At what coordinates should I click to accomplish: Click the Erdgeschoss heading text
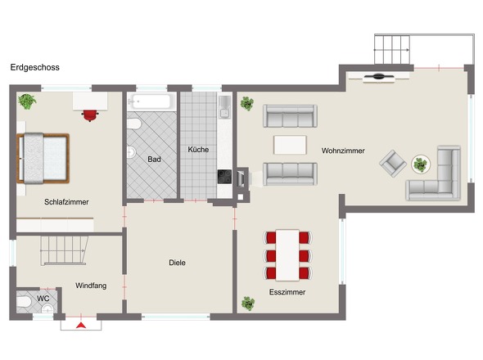(x=35, y=67)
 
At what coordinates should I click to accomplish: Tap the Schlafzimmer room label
(x=66, y=202)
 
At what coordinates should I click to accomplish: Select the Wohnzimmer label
(x=343, y=151)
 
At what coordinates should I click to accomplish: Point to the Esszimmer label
(x=287, y=292)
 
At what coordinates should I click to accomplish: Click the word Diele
(x=177, y=263)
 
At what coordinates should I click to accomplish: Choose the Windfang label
(x=91, y=286)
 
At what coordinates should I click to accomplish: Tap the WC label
(x=43, y=299)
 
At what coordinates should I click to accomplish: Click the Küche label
(x=198, y=150)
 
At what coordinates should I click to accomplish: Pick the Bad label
(x=154, y=160)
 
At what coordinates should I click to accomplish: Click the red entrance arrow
(x=81, y=325)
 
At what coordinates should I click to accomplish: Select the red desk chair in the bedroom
(x=89, y=115)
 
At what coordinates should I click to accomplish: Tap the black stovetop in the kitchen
(x=224, y=177)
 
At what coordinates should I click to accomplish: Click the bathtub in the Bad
(x=151, y=101)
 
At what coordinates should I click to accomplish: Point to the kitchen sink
(x=224, y=107)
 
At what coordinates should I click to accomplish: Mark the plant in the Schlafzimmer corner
(x=27, y=101)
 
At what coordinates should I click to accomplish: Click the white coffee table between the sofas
(x=290, y=145)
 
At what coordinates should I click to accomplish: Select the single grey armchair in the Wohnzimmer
(x=393, y=163)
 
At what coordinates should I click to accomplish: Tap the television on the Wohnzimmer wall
(x=378, y=76)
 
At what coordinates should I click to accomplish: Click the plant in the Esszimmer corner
(x=248, y=304)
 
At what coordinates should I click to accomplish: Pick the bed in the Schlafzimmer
(x=43, y=158)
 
